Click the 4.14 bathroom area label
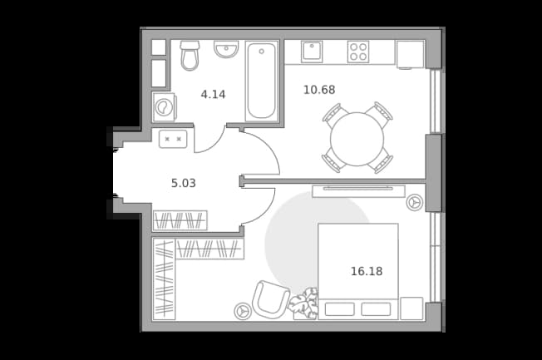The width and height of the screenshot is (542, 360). tap(213, 95)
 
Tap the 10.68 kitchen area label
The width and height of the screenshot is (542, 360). tap(319, 90)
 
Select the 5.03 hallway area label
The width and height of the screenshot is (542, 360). tap(183, 183)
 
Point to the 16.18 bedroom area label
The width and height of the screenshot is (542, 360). tap(367, 272)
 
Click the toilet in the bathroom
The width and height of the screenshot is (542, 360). tap(190, 56)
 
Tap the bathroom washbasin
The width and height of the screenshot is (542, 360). tap(226, 49)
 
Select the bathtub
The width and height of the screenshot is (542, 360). tap(262, 81)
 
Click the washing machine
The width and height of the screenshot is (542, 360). tap(165, 107)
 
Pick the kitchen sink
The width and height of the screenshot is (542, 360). tap(312, 52)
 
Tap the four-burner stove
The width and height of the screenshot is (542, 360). tap(358, 52)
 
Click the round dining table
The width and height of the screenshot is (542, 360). tap(357, 139)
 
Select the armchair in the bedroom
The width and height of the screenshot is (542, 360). tap(271, 299)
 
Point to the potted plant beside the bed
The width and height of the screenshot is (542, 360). tap(304, 303)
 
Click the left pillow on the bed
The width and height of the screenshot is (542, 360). tap(339, 309)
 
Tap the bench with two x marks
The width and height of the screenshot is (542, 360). tap(173, 139)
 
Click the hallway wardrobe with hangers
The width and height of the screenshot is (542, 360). tap(180, 220)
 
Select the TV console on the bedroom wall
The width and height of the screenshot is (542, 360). tap(358, 191)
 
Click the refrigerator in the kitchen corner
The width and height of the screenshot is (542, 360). tap(411, 55)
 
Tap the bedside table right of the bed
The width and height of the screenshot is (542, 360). tap(411, 308)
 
